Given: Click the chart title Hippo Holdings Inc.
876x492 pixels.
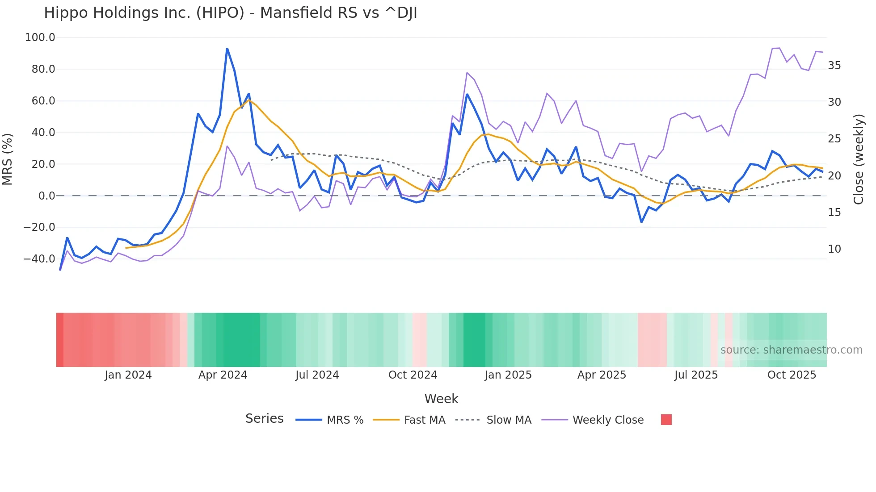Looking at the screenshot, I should click(x=230, y=13).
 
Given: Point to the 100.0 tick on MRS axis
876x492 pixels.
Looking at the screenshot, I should click(x=40, y=38).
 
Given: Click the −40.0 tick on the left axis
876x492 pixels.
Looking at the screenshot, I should click(x=39, y=259).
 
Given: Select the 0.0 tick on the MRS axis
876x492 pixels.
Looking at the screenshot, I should click(x=46, y=196).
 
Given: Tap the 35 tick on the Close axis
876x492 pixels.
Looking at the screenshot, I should click(x=834, y=66).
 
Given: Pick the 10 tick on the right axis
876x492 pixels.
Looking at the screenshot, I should click(x=834, y=249).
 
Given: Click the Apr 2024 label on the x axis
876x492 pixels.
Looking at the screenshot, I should click(x=223, y=375).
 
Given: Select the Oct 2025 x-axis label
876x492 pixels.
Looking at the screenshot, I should click(x=792, y=375).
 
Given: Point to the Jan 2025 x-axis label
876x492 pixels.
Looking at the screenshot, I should click(x=508, y=375).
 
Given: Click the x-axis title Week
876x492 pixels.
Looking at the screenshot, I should click(x=441, y=399).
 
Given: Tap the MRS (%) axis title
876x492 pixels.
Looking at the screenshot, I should click(x=8, y=159).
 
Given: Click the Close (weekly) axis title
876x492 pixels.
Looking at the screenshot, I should click(x=858, y=159).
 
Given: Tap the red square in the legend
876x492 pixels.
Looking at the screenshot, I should click(x=666, y=420).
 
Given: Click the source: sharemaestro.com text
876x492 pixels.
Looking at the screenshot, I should click(x=791, y=350).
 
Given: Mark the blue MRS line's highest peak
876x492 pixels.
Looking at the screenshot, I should click(x=227, y=49).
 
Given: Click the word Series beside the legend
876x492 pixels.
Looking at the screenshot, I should click(x=264, y=419).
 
